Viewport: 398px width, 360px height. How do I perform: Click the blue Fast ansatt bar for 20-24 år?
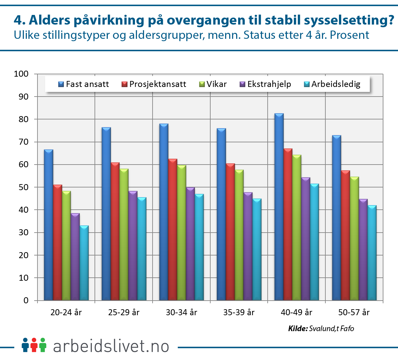pyautogui.click(x=48, y=226)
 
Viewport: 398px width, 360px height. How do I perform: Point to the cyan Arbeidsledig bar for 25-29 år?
pyautogui.click(x=142, y=249)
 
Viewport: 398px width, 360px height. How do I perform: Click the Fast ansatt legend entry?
pyautogui.click(x=84, y=84)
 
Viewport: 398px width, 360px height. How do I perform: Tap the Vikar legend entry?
pyautogui.click(x=213, y=84)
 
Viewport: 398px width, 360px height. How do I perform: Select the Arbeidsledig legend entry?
pyautogui.click(x=332, y=84)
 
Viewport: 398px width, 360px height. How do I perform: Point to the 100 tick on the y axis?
pyautogui.click(x=21, y=74)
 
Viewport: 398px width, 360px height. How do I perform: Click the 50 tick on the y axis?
pyautogui.click(x=23, y=187)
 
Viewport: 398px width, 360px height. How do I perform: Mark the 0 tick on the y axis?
pyautogui.click(x=26, y=301)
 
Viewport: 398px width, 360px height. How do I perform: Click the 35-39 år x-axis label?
pyautogui.click(x=239, y=312)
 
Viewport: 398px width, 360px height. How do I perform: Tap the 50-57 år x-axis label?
pyautogui.click(x=354, y=312)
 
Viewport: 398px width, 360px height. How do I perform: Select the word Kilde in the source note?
pyautogui.click(x=298, y=328)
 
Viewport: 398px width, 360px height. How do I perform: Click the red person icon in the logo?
pyautogui.click(x=33, y=345)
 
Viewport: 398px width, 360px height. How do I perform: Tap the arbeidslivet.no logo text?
pyautogui.click(x=111, y=346)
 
